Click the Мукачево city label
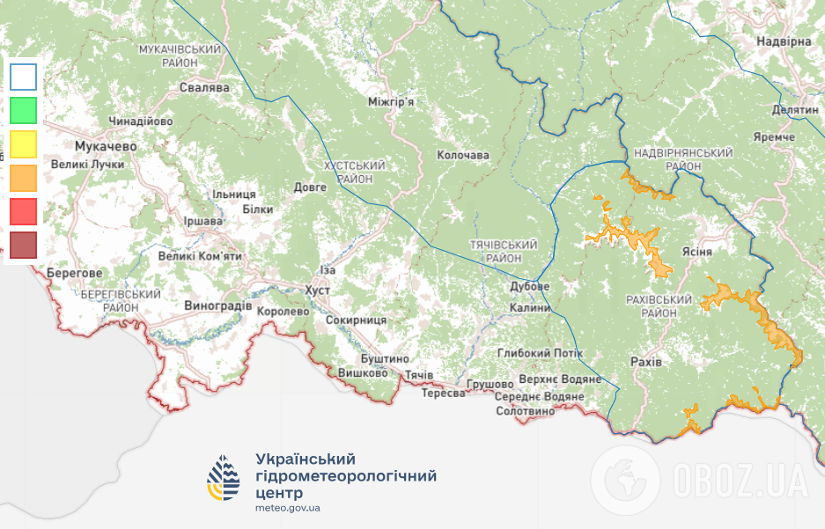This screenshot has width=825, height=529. pos(106,146)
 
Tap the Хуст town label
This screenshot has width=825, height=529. pos(317,290)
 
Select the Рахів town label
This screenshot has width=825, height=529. pos(647,362)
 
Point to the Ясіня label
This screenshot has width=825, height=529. pos(697,251)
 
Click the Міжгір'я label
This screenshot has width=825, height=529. pos(391,102)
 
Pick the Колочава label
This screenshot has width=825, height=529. pos(463,155)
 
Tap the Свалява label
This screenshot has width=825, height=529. pos(204,88)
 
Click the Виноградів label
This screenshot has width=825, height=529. pos(218,306)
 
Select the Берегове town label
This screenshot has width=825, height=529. pos(75,273)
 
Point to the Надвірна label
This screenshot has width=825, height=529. pos(783,41)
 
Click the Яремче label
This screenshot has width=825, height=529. pos(775,137)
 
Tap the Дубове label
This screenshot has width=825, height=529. pos(530,287)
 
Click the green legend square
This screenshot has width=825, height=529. pos(24,110)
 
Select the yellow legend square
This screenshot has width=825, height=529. pos(24,143)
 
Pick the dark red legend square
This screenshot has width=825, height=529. pos(24,245)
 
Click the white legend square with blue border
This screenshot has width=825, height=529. pos(24,77)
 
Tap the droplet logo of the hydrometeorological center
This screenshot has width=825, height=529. pos(223,478)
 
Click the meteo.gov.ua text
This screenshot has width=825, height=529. pos(288,508)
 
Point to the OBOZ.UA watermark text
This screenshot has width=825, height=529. pos(740,480)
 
